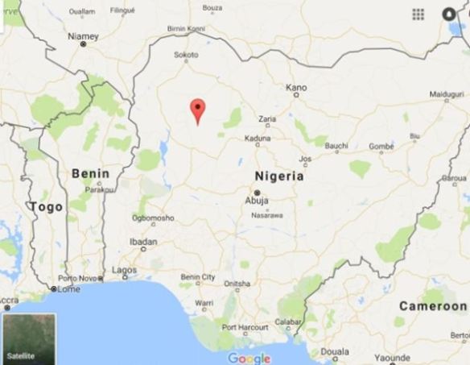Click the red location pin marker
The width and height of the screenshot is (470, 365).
point(196,110)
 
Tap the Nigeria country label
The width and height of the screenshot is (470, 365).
point(278,176)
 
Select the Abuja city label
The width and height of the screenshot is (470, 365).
point(257,203)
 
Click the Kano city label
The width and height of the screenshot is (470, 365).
point(297,87)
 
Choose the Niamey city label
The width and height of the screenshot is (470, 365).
point(84,36)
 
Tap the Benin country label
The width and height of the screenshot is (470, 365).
point(90,172)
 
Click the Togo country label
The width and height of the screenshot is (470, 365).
point(46,207)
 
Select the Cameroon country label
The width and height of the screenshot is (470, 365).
point(432,306)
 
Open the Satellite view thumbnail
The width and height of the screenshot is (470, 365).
point(29,338)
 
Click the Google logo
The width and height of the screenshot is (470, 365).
point(249,358)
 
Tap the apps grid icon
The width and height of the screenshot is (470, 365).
point(418,15)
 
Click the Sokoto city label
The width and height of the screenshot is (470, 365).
point(186,56)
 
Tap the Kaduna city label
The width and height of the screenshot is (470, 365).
point(258,138)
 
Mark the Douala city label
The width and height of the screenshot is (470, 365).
point(335,351)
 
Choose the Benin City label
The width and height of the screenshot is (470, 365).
point(198,277)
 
